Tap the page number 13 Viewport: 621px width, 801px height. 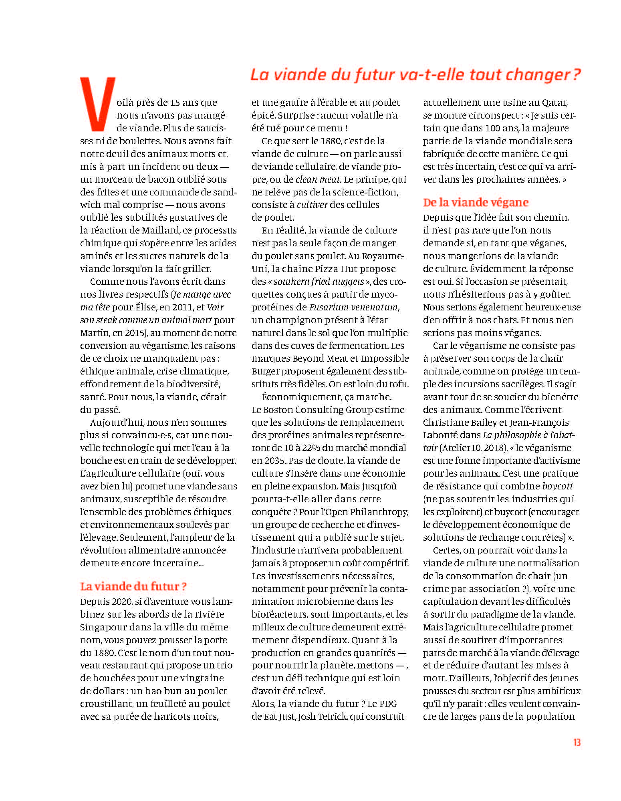577,743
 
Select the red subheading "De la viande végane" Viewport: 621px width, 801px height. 476,202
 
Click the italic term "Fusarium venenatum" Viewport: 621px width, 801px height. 353,307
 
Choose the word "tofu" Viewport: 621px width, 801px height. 399,384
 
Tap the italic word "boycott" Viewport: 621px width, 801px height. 557,486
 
